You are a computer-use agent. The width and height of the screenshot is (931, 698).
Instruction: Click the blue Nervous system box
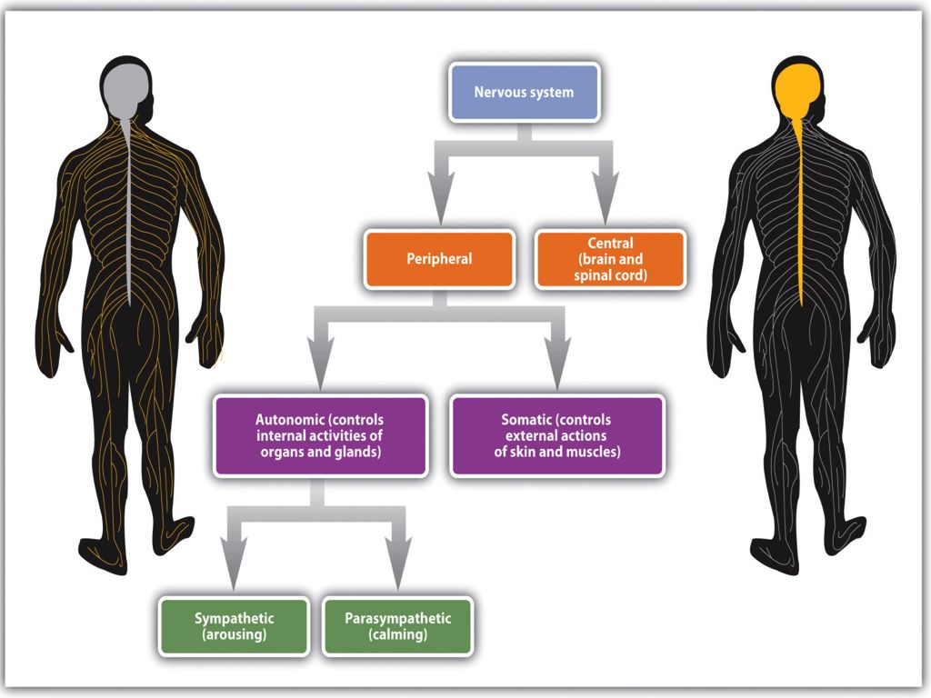tap(524, 92)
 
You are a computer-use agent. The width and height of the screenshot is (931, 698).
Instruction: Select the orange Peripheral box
tap(439, 259)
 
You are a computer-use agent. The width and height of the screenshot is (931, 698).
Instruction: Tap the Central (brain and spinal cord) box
tap(609, 259)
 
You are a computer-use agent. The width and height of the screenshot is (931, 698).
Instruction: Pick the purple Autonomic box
tap(320, 435)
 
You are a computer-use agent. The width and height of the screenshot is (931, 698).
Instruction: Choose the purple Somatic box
tap(556, 435)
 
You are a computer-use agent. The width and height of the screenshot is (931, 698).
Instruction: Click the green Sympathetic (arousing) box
tap(234, 626)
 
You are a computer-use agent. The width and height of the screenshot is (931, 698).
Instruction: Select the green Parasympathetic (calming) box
tap(397, 626)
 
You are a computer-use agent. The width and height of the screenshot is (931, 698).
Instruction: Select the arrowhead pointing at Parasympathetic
tap(396, 574)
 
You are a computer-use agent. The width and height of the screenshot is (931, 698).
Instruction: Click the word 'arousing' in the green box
tap(234, 635)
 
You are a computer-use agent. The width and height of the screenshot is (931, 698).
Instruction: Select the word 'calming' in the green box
tap(397, 635)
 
